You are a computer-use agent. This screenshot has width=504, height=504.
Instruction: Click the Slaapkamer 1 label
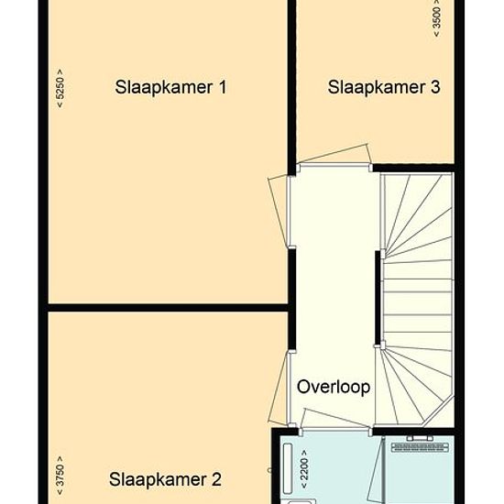click(170, 87)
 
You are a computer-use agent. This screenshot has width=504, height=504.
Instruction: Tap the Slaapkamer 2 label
click(165, 480)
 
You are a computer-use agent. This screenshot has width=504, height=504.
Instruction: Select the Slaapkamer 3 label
click(384, 87)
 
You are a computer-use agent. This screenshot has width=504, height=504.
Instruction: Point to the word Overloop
click(334, 387)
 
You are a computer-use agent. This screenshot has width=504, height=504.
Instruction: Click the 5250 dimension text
click(60, 88)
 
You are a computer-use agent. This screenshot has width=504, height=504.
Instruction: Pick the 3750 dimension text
click(60, 476)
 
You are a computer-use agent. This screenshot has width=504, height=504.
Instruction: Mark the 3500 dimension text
click(437, 17)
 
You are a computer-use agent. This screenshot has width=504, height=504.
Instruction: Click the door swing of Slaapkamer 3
click(334, 154)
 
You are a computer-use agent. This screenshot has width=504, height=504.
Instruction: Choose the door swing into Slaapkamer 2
click(278, 389)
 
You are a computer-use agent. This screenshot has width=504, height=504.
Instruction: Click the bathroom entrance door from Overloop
click(335, 419)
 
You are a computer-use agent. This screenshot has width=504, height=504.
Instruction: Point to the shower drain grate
click(420, 447)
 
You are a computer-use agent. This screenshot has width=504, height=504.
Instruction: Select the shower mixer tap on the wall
click(420, 438)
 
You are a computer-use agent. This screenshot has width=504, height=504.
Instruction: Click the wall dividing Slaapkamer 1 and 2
click(168, 308)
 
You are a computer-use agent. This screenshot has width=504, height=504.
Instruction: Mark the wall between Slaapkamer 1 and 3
click(291, 87)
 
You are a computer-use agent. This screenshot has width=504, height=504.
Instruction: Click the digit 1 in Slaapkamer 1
click(222, 87)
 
